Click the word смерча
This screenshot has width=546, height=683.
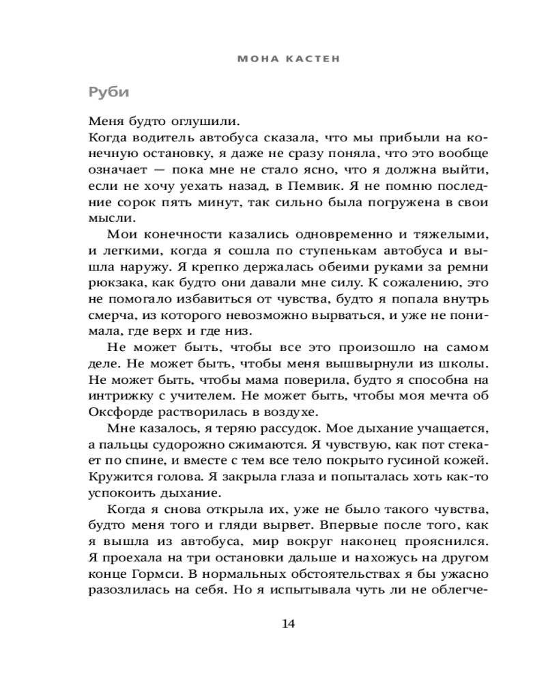pos(109,316)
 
